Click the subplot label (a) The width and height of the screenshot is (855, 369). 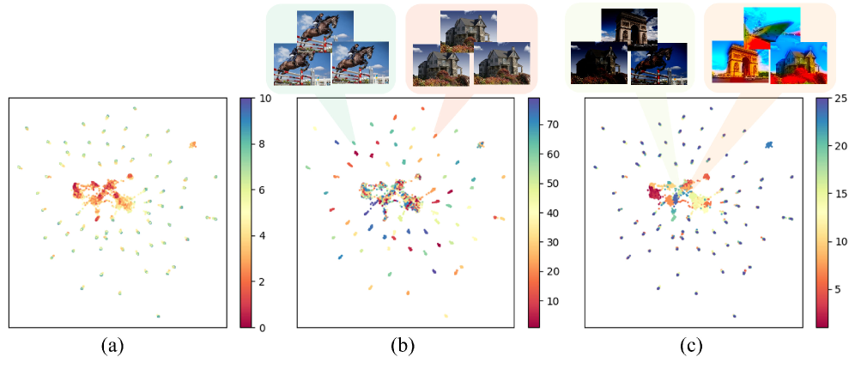coord(113,346)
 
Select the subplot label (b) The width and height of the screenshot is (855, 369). coord(403,346)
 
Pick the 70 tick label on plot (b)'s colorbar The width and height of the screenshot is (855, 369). coord(555,124)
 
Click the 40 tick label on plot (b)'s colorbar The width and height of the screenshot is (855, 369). coord(555,213)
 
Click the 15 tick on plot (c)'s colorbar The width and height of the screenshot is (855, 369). coord(841,196)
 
